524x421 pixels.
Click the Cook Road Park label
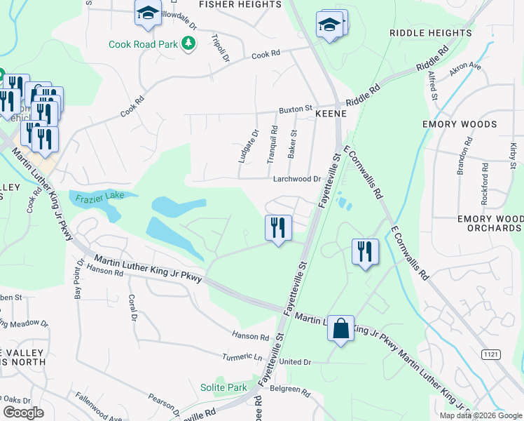pyautogui.click(x=143, y=44)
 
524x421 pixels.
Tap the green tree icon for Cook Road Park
pyautogui.click(x=188, y=44)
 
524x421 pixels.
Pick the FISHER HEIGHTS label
pyautogui.click(x=240, y=4)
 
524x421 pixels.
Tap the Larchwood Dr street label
pyautogui.click(x=296, y=179)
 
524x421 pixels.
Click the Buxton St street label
pyautogui.click(x=295, y=109)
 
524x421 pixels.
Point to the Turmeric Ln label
pyautogui.click(x=246, y=356)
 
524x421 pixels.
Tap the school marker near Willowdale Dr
pyautogui.click(x=148, y=14)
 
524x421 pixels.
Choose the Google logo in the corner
pyautogui.click(x=23, y=413)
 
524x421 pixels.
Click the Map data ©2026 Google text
pyautogui.click(x=481, y=415)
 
